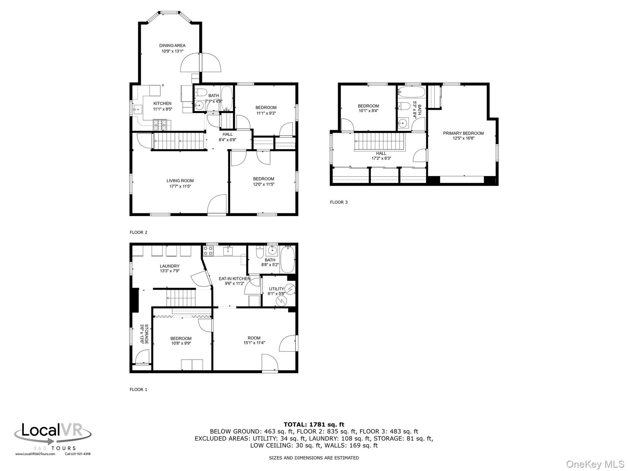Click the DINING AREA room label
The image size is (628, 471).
pyautogui.click(x=172, y=46)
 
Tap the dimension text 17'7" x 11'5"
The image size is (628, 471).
pyautogui.click(x=180, y=186)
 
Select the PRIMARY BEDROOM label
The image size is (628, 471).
pyautogui.click(x=463, y=133)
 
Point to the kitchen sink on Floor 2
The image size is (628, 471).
pyautogui.click(x=137, y=108)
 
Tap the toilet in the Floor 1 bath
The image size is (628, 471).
pyautogui.click(x=259, y=252)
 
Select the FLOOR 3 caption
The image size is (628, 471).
pyautogui.click(x=339, y=202)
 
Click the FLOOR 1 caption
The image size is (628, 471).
pyautogui.click(x=138, y=389)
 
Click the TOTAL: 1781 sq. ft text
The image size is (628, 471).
pyautogui.click(x=314, y=424)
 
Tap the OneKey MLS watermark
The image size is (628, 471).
pyautogui.click(x=595, y=464)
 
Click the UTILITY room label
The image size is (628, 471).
pyautogui.click(x=276, y=289)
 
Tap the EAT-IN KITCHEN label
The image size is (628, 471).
pyautogui.click(x=234, y=278)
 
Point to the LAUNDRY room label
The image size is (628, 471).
pyautogui.click(x=169, y=266)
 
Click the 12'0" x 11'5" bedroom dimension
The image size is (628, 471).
pyautogui.click(x=263, y=184)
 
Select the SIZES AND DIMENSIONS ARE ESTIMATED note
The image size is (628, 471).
pyautogui.click(x=314, y=458)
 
